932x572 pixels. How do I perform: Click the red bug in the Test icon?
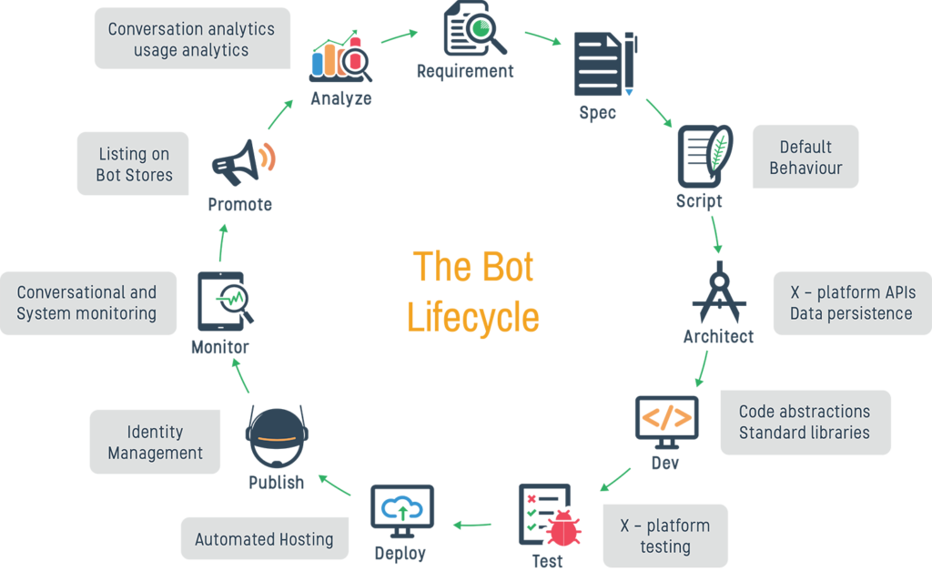tap(562, 528)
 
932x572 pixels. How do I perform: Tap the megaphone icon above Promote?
tap(244, 162)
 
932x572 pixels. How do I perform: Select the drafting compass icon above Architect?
tap(719, 292)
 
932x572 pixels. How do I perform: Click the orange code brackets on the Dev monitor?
tap(667, 417)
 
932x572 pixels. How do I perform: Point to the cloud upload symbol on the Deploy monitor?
tap(401, 508)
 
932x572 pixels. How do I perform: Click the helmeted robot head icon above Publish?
tap(277, 437)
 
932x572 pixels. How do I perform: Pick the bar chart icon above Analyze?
tap(340, 56)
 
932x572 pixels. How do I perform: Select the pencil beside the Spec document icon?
tap(630, 63)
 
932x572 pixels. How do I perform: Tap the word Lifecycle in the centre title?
tap(473, 317)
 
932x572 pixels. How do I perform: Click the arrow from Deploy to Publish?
tap(335, 485)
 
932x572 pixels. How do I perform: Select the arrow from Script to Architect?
tap(716, 234)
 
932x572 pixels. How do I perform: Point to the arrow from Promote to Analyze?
tap(280, 114)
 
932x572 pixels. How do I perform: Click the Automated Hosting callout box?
tap(265, 538)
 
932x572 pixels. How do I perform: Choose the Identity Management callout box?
tap(155, 442)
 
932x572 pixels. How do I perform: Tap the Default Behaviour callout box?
tap(805, 157)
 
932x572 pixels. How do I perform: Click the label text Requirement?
tap(465, 71)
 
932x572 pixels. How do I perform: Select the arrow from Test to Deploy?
tap(472, 525)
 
